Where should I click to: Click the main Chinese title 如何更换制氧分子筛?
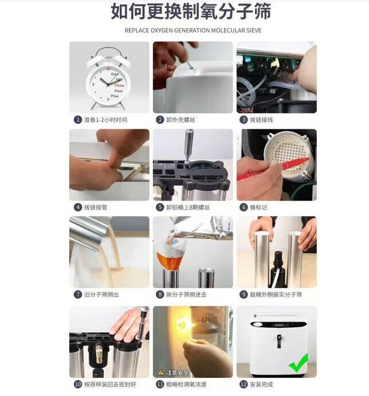191,11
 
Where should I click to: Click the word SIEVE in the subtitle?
253,30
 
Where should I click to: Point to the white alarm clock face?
108,84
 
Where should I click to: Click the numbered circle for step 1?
78,119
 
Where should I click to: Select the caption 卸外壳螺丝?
180,119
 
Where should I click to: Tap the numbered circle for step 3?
243,119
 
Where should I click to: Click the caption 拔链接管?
96,207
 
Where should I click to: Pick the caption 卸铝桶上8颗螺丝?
188,207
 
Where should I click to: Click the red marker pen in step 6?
273,168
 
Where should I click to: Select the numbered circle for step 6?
243,207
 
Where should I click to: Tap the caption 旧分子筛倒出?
101,295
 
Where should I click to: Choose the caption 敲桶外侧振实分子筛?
276,295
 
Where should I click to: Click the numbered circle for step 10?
78,384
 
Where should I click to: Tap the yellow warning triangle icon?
160,372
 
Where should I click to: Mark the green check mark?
299,363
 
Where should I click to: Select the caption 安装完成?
261,384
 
